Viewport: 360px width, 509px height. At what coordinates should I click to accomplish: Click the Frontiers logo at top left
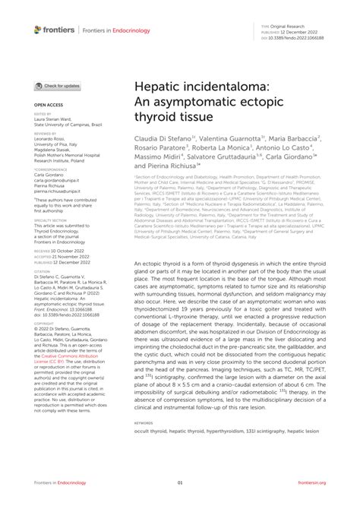tap(52, 30)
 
